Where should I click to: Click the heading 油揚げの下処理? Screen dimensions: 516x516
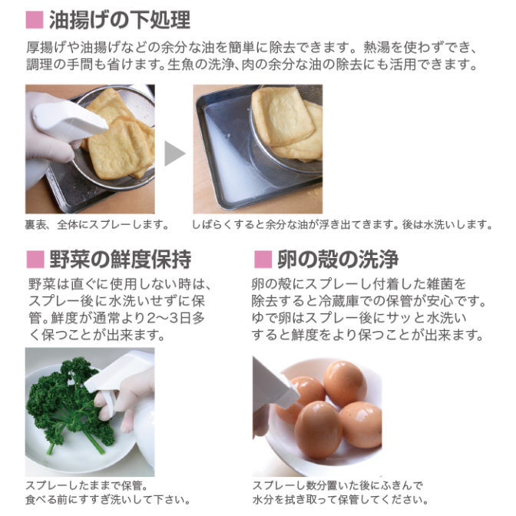click(120, 20)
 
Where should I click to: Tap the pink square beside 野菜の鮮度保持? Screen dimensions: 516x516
click(35, 260)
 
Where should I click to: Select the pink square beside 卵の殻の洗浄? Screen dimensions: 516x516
click(263, 260)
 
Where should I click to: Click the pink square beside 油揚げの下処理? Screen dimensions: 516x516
click(35, 20)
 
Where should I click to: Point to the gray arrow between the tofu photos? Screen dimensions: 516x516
click(174, 154)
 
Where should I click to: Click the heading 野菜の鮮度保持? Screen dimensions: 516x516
click(121, 260)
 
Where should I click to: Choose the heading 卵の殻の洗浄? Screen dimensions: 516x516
click(338, 260)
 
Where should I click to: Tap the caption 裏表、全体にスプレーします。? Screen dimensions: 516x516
click(98, 225)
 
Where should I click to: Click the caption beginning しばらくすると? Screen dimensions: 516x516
click(342, 225)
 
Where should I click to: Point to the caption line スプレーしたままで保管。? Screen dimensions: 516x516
click(87, 485)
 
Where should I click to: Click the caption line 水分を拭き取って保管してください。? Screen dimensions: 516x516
click(341, 500)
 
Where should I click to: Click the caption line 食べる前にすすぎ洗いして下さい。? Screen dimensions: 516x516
click(108, 500)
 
